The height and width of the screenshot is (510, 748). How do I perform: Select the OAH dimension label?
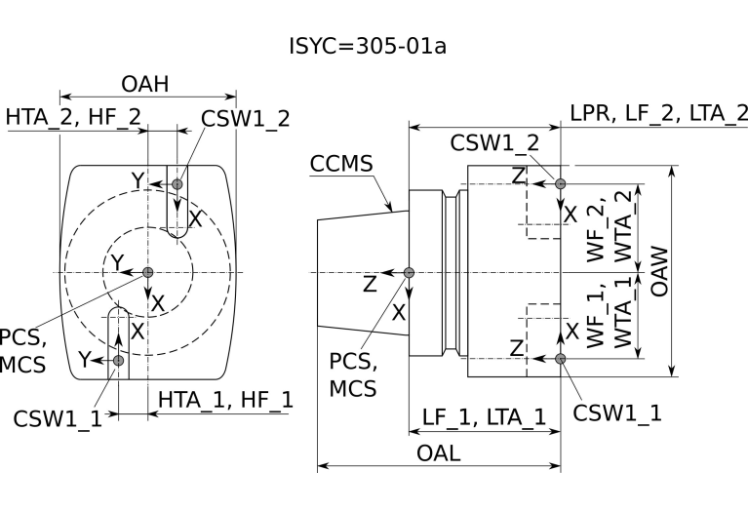145,85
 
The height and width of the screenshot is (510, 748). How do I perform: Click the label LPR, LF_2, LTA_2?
658,112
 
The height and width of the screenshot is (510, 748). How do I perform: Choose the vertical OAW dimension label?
689,270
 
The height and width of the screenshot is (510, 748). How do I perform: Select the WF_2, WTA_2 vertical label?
609,227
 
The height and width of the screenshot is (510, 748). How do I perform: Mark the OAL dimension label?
439,453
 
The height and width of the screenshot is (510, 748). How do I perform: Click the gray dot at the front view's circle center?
147,272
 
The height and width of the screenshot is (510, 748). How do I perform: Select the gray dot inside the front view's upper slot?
177,184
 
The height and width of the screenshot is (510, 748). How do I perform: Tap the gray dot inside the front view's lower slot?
118,361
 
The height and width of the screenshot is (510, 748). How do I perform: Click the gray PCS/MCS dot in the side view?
409,272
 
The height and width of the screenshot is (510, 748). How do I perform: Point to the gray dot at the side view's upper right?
561,183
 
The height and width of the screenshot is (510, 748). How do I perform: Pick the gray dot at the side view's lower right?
561,359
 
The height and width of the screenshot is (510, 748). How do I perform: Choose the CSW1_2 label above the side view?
494,141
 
